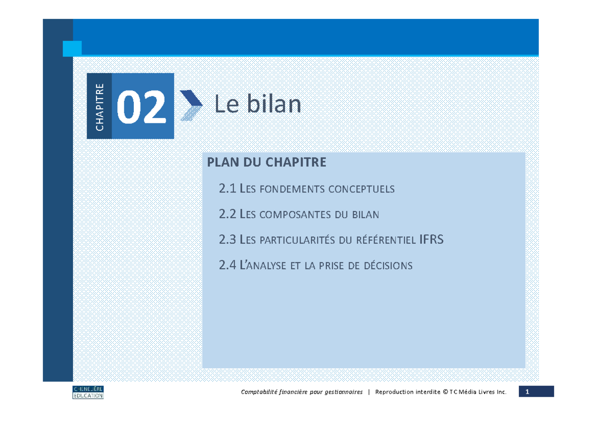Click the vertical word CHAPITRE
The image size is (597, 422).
pos(99,106)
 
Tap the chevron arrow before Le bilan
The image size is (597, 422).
pos(191,105)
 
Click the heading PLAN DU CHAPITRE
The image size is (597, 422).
pos(267,162)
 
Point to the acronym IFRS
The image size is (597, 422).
pos(431,240)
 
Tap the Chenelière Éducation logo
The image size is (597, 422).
pos(88,392)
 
